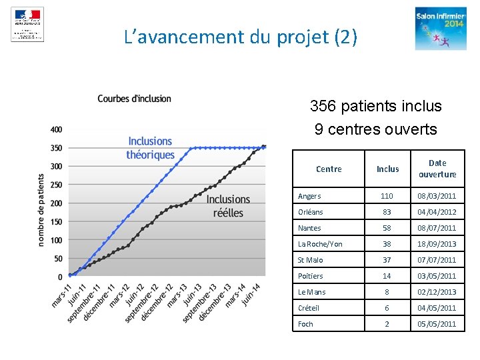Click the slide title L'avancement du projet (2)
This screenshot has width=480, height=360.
coord(241,37)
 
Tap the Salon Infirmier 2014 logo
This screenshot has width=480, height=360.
coord(441,28)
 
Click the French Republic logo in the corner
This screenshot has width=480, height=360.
coord(27,25)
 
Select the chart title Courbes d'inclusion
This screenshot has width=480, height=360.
coord(134,99)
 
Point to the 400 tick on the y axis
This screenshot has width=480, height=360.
coord(56,129)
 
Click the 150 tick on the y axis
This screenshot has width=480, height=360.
coord(56,221)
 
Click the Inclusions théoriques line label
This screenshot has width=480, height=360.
coord(150,148)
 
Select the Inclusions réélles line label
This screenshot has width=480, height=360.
coord(228,206)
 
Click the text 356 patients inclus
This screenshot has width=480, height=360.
coord(375,106)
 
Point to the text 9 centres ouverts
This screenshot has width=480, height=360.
coord(375,129)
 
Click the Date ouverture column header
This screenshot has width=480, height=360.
coord(437,169)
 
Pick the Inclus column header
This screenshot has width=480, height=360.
coord(387,169)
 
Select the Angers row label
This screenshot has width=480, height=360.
coord(309,196)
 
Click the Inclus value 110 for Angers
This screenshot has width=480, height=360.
coord(387,196)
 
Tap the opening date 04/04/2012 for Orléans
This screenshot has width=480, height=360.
coord(437,212)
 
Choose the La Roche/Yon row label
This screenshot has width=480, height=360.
coord(320,244)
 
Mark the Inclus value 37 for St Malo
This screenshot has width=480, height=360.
coord(387,260)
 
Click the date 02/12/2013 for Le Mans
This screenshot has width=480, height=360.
coord(437,292)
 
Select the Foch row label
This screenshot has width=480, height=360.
coord(305,324)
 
